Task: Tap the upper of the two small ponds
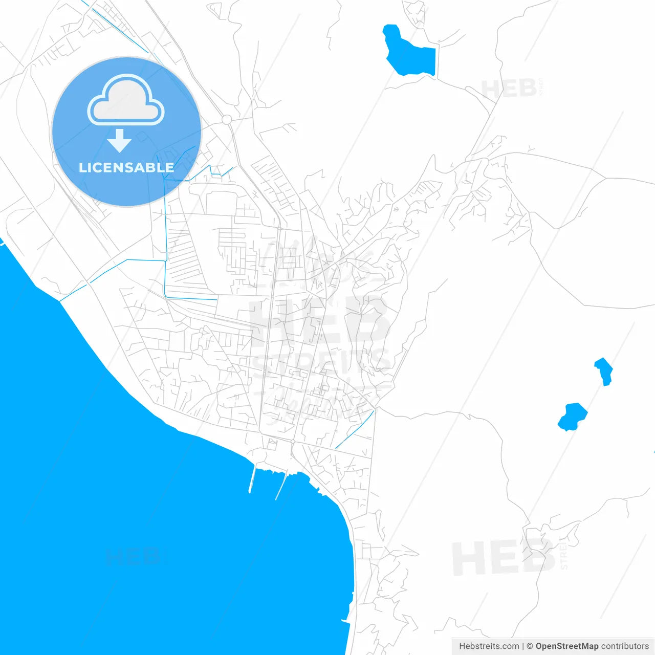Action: (604, 370)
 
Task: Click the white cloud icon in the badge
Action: (126, 101)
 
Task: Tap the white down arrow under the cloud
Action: (119, 141)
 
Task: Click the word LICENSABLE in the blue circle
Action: (126, 168)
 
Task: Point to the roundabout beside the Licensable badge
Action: (227, 120)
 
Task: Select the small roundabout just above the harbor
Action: (293, 441)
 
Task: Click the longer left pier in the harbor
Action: (252, 479)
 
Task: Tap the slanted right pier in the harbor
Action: (281, 486)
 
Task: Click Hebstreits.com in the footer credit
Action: (489, 646)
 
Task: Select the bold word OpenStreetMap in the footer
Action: (566, 646)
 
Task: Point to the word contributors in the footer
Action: (625, 646)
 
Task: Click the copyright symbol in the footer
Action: (530, 646)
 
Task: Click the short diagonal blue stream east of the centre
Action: (355, 429)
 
